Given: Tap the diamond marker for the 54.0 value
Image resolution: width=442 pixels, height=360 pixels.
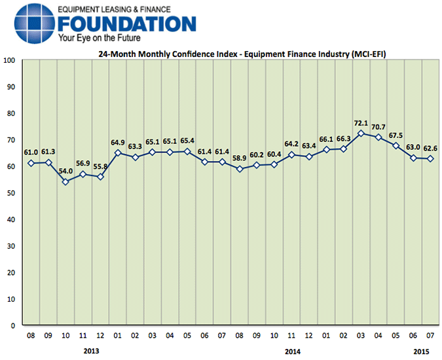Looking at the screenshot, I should (x=65, y=182).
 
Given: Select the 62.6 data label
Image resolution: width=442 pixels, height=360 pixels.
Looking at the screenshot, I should (x=430, y=148).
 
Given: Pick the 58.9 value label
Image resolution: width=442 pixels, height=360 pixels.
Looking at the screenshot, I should (x=239, y=158).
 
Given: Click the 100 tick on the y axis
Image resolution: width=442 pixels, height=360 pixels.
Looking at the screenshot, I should (x=9, y=60).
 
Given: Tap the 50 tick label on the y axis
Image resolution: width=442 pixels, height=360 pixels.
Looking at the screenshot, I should (x=11, y=193).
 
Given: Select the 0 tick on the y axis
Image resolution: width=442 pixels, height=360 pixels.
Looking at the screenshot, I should (x=13, y=325).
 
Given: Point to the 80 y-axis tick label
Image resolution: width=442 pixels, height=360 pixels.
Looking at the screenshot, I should (x=11, y=113).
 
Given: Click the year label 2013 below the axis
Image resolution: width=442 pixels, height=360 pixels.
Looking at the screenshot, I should (x=92, y=351).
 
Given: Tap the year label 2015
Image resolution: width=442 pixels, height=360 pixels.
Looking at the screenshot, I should (x=422, y=351).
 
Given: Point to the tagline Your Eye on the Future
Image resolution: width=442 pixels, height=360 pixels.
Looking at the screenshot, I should (x=101, y=39).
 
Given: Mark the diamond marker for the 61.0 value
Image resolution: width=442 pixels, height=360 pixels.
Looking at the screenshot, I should (x=31, y=163).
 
